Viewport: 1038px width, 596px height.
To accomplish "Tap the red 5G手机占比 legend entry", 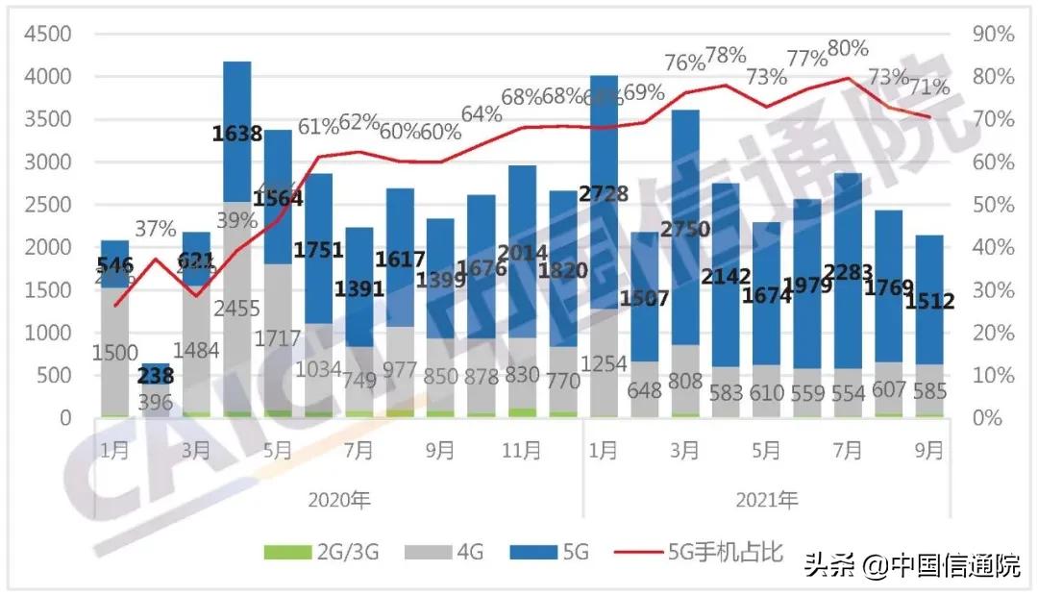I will [711, 553].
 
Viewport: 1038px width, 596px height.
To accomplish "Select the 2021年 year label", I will [768, 500].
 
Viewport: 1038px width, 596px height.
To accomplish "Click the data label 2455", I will [237, 308].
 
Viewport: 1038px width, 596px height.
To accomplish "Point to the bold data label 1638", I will [237, 134].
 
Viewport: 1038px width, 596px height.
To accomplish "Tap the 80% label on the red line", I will [848, 48].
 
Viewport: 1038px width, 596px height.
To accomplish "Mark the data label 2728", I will [603, 194].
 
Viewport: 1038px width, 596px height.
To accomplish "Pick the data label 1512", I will [929, 302].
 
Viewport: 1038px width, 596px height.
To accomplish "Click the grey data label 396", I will [157, 402].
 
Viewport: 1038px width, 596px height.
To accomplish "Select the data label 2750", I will [684, 230].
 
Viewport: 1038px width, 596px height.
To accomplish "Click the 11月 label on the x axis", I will [522, 450].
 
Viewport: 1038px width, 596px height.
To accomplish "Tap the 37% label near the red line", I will [155, 229].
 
